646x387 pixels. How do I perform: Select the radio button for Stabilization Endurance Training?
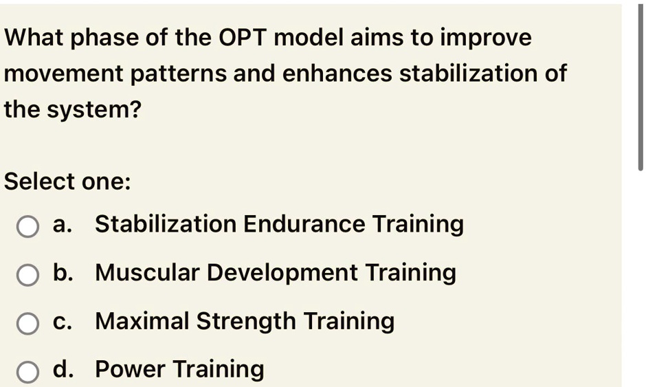coord(27,226)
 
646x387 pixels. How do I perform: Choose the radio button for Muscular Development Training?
coord(27,275)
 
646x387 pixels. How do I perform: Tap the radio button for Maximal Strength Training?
coord(27,323)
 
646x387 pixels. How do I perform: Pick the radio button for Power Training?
coord(27,372)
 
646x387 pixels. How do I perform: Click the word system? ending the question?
coord(94,110)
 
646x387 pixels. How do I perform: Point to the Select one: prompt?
coord(67,181)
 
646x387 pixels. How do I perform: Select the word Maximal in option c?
coord(142,321)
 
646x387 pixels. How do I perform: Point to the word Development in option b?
coord(282,273)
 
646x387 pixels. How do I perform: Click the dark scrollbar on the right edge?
coord(641,86)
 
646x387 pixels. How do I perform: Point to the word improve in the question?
coord(485,38)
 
